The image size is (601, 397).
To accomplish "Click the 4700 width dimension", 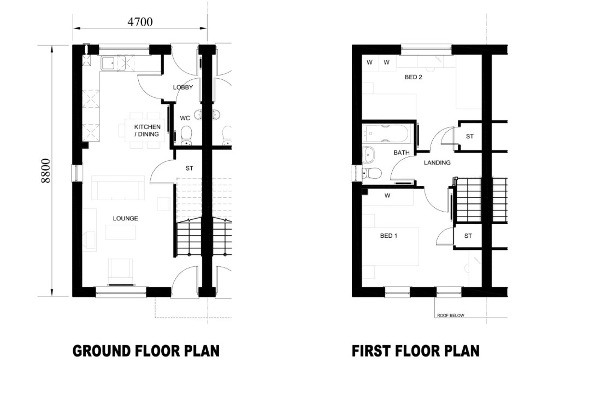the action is (140, 22).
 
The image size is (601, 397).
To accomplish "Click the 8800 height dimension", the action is (46, 170).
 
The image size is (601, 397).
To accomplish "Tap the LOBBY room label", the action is (183, 87).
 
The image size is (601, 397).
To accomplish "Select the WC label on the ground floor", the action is (185, 118).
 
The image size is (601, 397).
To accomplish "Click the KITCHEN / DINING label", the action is (147, 130).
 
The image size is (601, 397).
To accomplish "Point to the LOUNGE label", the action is (125, 218).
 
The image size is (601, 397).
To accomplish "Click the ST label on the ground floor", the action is (190, 168).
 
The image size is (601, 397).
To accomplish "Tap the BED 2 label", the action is (413, 77).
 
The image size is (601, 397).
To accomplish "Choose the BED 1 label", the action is (388, 236).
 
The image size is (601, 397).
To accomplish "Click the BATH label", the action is (402, 153).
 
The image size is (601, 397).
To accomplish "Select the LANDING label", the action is (437, 162).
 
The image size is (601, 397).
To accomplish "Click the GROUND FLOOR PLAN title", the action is (146, 351).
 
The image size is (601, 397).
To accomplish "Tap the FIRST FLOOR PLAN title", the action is (415, 351).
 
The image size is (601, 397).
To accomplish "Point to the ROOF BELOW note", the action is (450, 316).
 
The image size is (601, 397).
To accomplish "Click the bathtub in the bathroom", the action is (388, 133).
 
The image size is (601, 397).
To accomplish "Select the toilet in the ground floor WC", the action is (186, 136).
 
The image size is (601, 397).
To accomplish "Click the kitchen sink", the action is (109, 63).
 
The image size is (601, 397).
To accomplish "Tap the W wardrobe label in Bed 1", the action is (387, 196).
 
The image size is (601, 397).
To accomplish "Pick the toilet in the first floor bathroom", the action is (371, 173).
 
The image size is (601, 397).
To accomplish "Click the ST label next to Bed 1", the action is (468, 236).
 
